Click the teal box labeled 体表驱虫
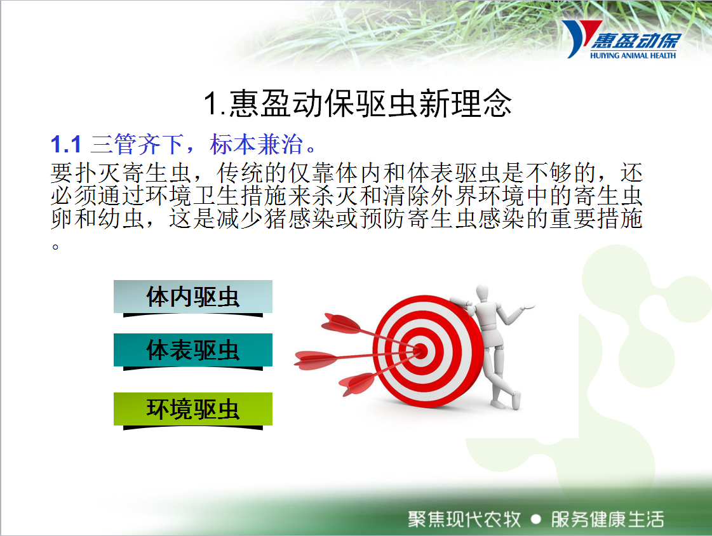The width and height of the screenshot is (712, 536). tap(193, 350)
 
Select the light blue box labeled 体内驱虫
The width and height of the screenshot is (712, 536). tap(193, 297)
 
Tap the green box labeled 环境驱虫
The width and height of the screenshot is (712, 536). tap(193, 409)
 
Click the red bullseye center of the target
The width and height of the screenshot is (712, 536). tap(421, 351)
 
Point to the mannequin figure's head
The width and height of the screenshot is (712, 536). tap(482, 293)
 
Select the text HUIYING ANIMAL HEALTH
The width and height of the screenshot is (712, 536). tap(633, 55)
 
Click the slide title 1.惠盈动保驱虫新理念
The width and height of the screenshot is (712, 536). tap(358, 104)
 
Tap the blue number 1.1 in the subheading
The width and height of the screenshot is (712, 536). tap(66, 145)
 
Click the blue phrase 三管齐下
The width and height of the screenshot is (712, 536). tap(137, 145)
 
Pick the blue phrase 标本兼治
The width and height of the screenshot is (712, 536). tap(256, 145)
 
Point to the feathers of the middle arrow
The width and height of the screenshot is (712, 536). tap(316, 360)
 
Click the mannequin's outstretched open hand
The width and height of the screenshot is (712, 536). tap(528, 307)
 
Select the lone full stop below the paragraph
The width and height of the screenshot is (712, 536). tap(55, 247)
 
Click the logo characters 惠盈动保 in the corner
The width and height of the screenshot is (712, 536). tap(636, 41)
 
